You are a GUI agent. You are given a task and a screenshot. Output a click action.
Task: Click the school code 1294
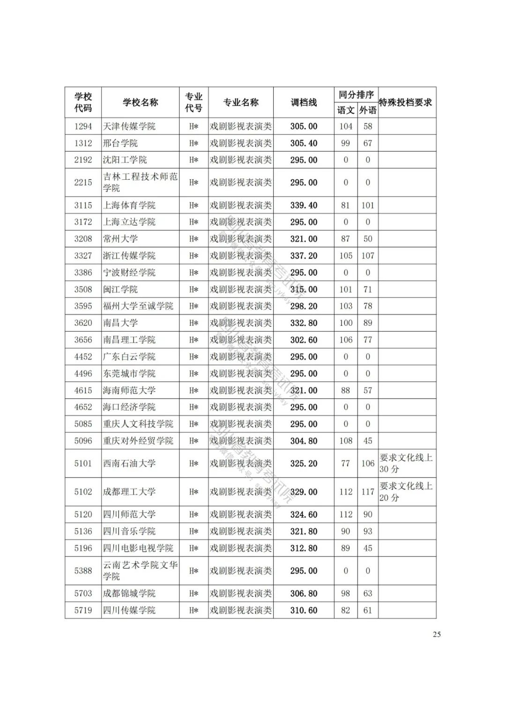pos(83,126)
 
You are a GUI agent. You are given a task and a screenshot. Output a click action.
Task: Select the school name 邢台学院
pos(120,143)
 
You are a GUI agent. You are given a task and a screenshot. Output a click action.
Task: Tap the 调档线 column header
pos(304,103)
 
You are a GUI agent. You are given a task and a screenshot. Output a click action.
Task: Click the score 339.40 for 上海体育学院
pos(304,206)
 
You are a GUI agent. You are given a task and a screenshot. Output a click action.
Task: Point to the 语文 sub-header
pos(346,110)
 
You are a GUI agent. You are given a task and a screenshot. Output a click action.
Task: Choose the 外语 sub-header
pos(368,110)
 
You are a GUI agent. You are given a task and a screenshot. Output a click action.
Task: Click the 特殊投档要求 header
pos(406,103)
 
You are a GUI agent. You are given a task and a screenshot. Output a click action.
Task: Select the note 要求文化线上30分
pos(406,463)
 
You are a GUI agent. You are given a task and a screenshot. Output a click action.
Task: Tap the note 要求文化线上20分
pos(406,492)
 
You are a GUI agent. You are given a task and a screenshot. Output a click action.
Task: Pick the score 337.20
pos(304,256)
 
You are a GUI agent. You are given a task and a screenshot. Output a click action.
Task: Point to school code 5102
pos(83,492)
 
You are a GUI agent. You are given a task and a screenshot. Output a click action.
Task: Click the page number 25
pos(437,634)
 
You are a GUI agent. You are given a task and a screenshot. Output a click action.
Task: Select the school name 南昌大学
pos(120,323)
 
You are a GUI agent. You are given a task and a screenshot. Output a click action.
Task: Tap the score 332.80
pos(304,323)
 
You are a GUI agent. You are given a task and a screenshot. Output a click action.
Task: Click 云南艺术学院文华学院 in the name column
pos(140,571)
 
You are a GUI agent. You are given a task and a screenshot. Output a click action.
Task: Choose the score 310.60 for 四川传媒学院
pos(304,611)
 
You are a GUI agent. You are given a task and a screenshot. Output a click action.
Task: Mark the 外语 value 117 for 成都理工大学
pos(368,492)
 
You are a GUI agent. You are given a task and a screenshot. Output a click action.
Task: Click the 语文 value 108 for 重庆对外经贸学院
pos(346,441)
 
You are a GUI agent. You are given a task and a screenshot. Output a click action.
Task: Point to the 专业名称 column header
pos(241,103)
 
